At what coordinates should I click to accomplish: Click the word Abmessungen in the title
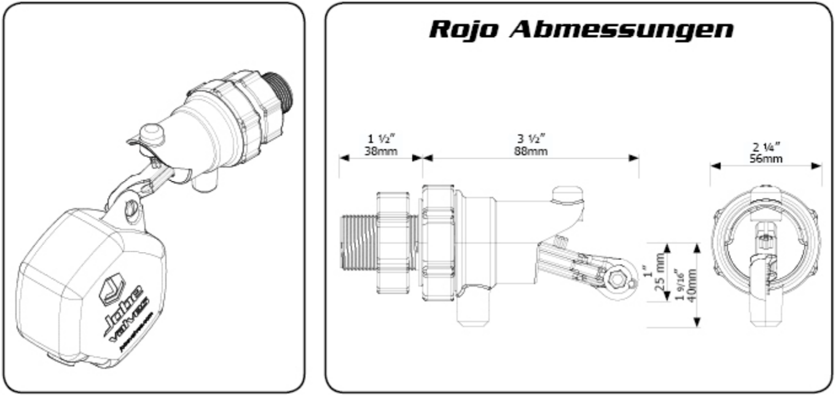(622, 29)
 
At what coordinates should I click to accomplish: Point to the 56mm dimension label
(766, 158)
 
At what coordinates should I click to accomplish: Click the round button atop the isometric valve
(151, 133)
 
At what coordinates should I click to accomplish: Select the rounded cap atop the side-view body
(566, 195)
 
